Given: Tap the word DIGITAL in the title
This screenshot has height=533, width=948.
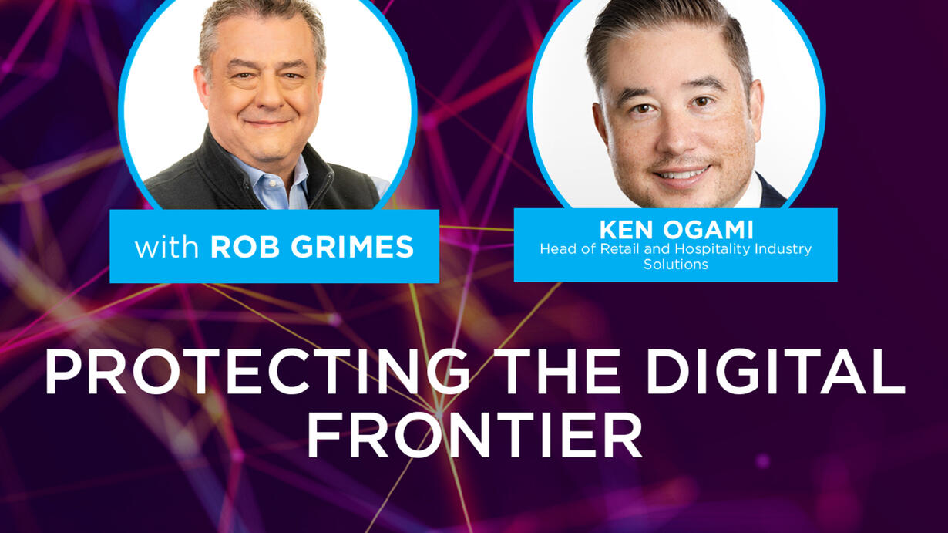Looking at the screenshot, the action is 775,371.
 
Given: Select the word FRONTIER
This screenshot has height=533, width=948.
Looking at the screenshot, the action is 475,435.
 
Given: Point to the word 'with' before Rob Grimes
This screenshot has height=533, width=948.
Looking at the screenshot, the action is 166,247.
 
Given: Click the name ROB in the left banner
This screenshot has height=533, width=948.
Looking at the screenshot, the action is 245,247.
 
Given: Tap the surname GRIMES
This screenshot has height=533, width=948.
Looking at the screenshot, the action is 358,247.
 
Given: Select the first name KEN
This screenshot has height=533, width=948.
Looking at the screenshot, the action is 627,231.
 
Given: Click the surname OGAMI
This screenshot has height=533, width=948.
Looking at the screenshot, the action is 708,231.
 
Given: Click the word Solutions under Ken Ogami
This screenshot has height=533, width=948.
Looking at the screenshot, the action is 675,265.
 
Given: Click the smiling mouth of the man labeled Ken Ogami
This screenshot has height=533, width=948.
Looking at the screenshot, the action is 681,174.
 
